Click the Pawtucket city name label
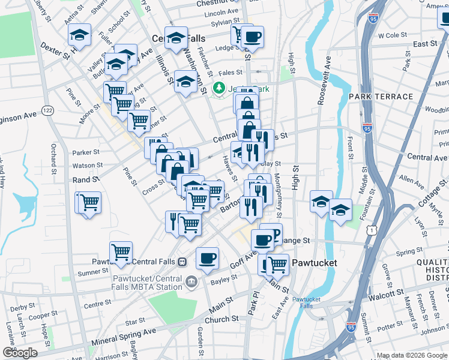[315, 263]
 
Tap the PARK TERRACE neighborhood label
[378, 97]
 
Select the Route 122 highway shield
[48, 110]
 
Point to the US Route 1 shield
[373, 230]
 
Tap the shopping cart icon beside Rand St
[89, 202]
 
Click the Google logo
[20, 353]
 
